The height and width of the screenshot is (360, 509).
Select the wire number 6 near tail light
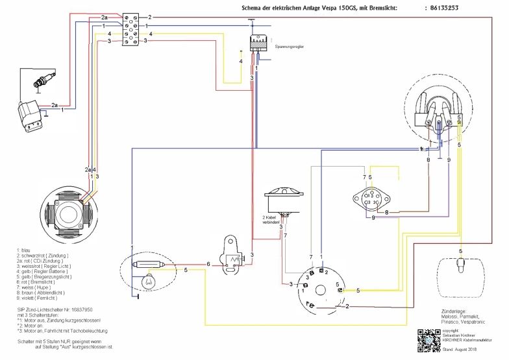pyautogui.click(x=208, y=264)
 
